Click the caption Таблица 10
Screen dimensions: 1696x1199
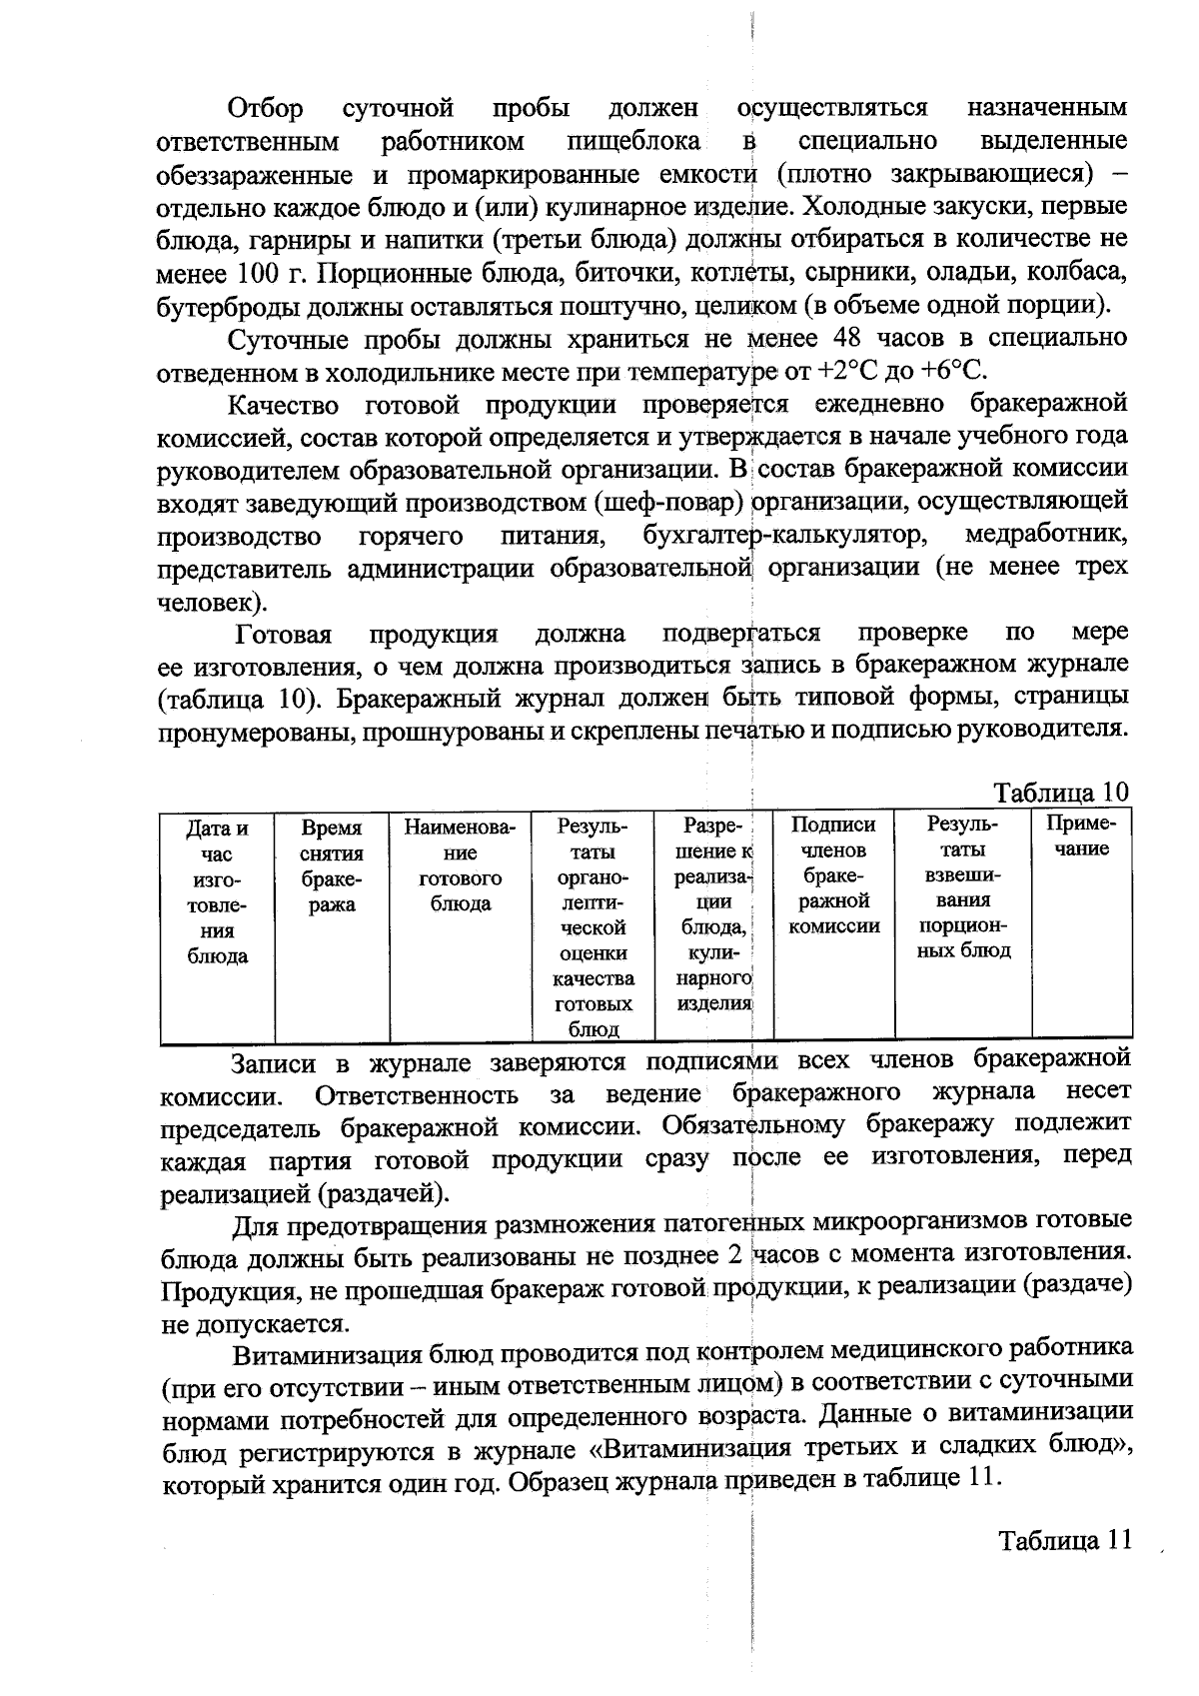[1060, 793]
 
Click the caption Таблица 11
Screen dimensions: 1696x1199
[1064, 1540]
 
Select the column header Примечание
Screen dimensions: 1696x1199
[1081, 838]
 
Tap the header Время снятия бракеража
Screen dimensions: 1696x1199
[332, 866]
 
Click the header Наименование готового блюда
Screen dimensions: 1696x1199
[461, 866]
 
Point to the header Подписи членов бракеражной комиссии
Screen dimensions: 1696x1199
[834, 874]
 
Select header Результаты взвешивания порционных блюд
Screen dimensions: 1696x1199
[963, 887]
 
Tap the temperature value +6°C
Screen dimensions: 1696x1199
[953, 372]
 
